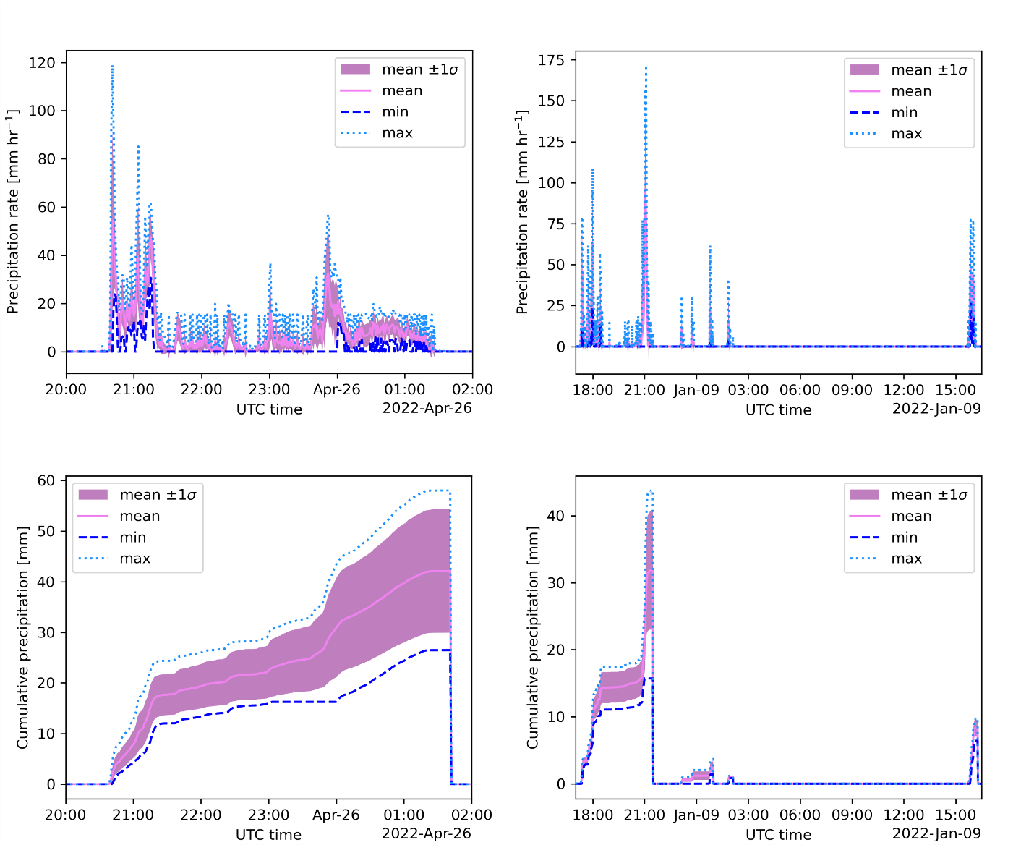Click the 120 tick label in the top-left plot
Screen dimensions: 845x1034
[42, 63]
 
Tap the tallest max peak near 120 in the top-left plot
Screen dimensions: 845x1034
[112, 66]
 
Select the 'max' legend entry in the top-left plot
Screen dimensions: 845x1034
[397, 133]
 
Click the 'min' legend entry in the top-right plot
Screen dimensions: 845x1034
[904, 113]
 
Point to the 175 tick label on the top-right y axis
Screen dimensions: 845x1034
[551, 60]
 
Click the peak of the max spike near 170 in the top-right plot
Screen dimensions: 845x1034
[646, 68]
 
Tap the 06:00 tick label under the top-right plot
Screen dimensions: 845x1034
[800, 390]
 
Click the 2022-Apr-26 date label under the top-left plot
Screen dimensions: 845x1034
[427, 408]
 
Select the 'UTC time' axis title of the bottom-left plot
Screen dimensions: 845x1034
[268, 834]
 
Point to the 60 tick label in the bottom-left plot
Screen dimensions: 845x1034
[46, 481]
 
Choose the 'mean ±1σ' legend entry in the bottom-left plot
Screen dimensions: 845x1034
[158, 495]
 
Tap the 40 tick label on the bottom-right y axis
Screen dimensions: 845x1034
[556, 517]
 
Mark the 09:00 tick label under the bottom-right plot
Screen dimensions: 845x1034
[852, 815]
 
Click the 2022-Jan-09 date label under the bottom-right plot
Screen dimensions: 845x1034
[936, 833]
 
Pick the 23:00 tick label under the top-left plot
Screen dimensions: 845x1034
[269, 390]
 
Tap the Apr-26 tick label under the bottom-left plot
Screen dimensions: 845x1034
[336, 815]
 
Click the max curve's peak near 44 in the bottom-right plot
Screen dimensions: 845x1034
[650, 491]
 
